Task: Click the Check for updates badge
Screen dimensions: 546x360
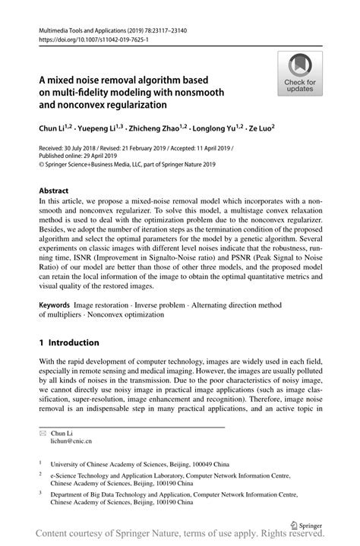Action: point(301,73)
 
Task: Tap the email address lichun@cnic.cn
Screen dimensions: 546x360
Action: point(71,440)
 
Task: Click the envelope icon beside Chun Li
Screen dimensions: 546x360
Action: point(43,432)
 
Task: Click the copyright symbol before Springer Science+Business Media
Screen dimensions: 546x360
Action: point(42,163)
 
